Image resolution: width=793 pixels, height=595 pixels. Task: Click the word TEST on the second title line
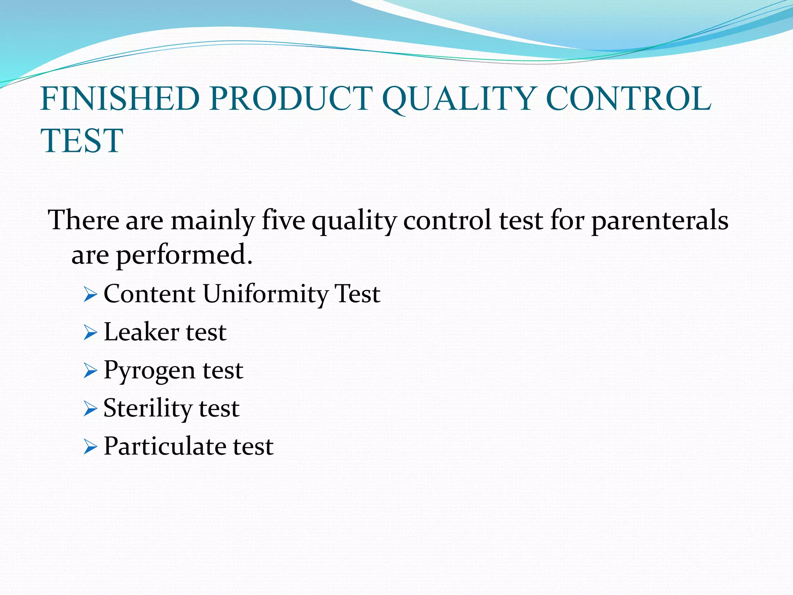point(82,141)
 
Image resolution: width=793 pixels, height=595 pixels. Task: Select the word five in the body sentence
point(283,220)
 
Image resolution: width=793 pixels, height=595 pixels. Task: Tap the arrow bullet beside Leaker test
point(90,334)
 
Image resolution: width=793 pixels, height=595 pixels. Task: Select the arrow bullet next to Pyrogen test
point(90,371)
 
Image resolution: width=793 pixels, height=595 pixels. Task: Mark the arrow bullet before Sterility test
point(90,409)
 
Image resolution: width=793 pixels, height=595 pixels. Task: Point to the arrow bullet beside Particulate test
point(90,447)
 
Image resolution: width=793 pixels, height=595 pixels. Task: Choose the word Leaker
point(141,332)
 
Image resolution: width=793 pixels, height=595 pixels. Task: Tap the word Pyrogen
point(149,371)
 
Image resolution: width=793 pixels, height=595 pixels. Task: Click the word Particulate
point(165,446)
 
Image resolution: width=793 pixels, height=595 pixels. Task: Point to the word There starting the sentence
point(84,220)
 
